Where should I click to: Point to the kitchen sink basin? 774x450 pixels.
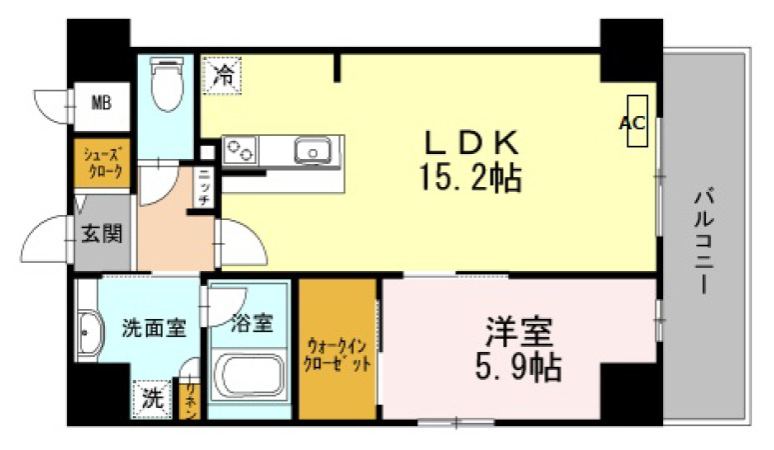point(313,152)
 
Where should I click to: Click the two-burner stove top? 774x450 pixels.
point(240,152)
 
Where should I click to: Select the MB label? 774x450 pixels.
point(102,102)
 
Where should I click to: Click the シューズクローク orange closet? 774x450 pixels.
point(103,163)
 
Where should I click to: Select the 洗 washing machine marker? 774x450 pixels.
point(150,398)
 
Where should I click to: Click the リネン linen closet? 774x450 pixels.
point(189,398)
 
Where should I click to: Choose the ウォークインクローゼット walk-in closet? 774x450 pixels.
point(339,351)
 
